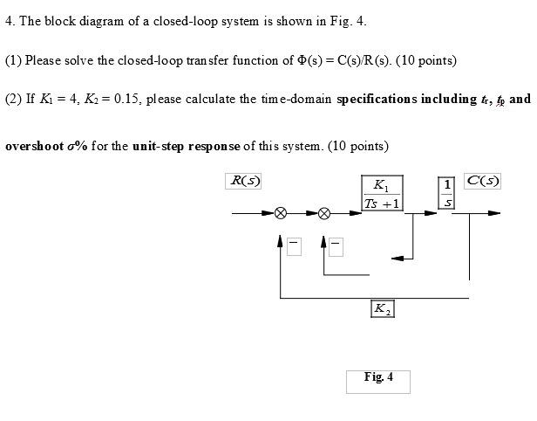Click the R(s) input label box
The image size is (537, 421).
[x=243, y=182]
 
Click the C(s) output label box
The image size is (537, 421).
[x=482, y=182]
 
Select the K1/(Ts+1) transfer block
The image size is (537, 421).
[x=383, y=194]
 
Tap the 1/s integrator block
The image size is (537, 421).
[x=448, y=193]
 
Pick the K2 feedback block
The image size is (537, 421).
[x=382, y=308]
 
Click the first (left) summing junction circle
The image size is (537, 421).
[x=281, y=212]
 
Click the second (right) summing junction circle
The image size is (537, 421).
[x=324, y=212]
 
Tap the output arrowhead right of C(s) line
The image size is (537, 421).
[x=494, y=212]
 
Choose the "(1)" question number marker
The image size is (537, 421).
[x=13, y=60]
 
